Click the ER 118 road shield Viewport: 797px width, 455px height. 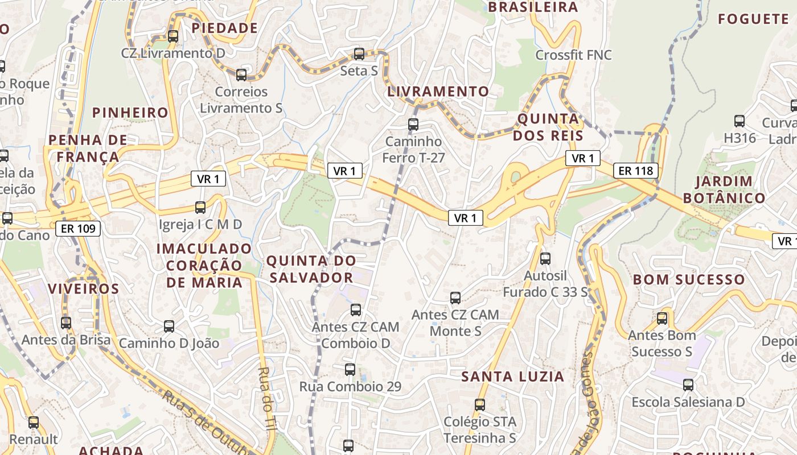[635, 170]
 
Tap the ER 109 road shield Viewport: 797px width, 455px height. [78, 229]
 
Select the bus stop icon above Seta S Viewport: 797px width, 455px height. [359, 54]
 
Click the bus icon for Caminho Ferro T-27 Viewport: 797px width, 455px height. [413, 124]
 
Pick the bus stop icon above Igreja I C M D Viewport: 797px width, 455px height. [200, 207]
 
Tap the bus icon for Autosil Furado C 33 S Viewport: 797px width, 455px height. [545, 259]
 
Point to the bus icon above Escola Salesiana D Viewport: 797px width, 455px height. [688, 385]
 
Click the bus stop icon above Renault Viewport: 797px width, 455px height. [34, 422]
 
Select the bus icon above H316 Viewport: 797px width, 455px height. [740, 121]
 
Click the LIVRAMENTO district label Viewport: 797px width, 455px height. [438, 91]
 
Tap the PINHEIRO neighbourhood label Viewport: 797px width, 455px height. [130, 113]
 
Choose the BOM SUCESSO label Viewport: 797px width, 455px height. [689, 279]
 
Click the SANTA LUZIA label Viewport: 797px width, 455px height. [512, 377]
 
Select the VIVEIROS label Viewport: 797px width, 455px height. [83, 288]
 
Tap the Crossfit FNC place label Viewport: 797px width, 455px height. [573, 55]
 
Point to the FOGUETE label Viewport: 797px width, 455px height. [753, 19]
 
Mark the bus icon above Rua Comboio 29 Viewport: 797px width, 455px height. [350, 370]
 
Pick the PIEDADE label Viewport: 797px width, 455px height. [224, 28]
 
